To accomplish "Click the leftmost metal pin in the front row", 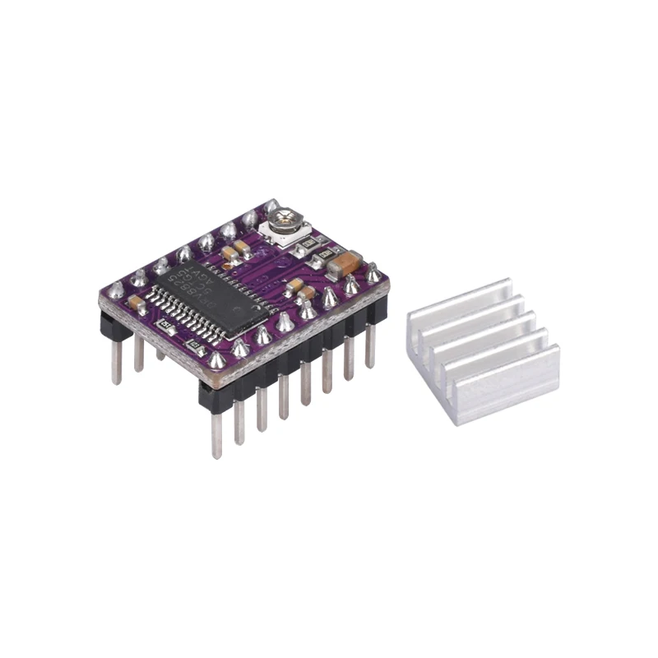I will point(217,432).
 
